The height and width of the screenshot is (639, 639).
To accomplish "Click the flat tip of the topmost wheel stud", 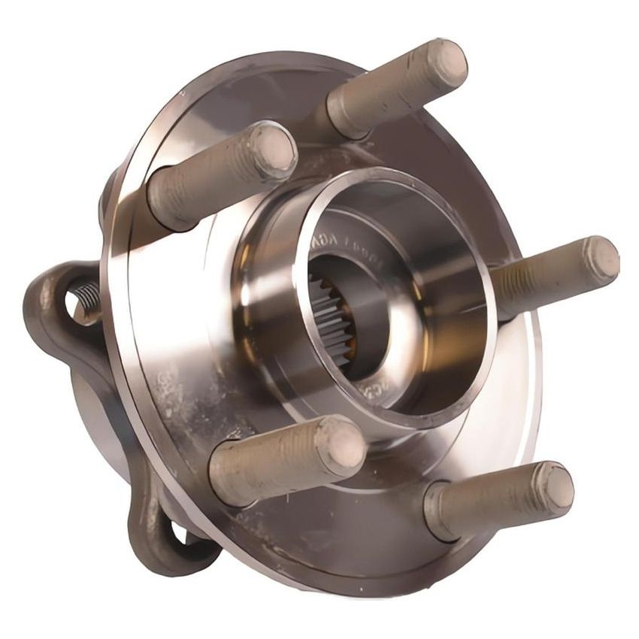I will [x=447, y=62].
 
